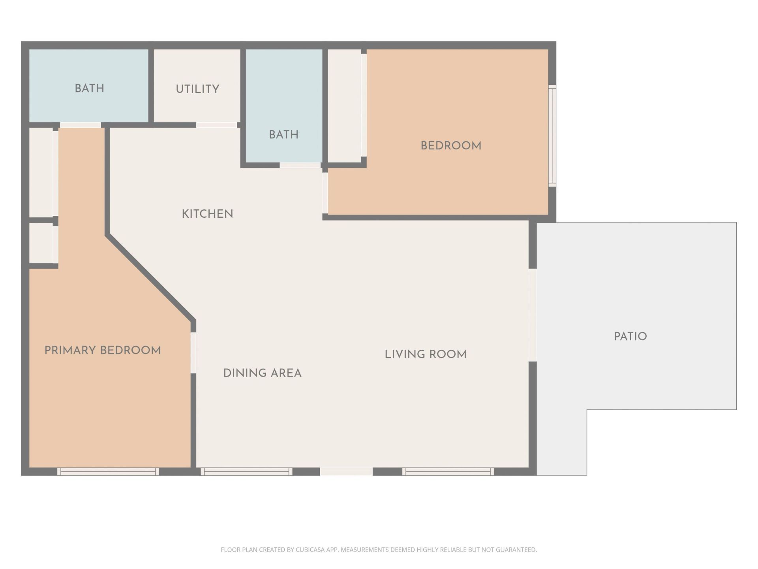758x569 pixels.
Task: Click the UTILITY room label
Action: pyautogui.click(x=197, y=89)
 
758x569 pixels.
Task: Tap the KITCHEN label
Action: pyautogui.click(x=207, y=214)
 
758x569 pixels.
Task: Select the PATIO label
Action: pyautogui.click(x=630, y=336)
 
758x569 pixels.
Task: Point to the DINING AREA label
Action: pyautogui.click(x=262, y=373)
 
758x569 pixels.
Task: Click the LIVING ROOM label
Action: pyautogui.click(x=426, y=354)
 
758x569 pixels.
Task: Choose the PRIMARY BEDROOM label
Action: pyautogui.click(x=103, y=350)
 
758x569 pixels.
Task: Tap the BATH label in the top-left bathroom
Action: pyautogui.click(x=90, y=88)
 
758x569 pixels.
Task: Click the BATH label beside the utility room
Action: pyautogui.click(x=283, y=134)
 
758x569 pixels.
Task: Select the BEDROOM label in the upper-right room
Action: pyautogui.click(x=451, y=145)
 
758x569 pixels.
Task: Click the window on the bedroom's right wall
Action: pyautogui.click(x=552, y=136)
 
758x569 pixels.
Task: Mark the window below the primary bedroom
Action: pyautogui.click(x=108, y=471)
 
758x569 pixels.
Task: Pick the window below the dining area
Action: pyautogui.click(x=246, y=471)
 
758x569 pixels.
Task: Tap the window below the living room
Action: pyautogui.click(x=448, y=471)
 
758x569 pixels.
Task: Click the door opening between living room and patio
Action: pyautogui.click(x=532, y=315)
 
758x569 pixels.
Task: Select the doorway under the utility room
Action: pyautogui.click(x=216, y=125)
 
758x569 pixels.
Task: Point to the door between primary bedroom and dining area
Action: pyautogui.click(x=193, y=353)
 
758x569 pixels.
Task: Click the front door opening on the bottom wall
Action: pyautogui.click(x=346, y=471)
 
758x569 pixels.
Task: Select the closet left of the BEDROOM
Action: pyautogui.click(x=344, y=106)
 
